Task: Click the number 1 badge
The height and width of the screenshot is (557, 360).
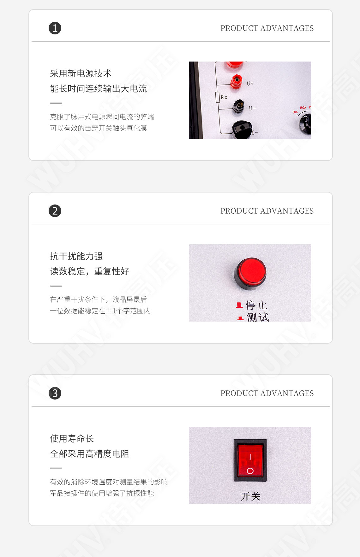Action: point(55,28)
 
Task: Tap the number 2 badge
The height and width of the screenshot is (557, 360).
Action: point(55,211)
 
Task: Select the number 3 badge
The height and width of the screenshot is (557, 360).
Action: point(55,393)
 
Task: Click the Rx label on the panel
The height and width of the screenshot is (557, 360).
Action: point(224,97)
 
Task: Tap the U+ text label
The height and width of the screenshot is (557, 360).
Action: point(250,84)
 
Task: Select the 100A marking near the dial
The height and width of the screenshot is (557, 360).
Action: point(303,108)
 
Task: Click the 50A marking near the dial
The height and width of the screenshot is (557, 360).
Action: point(295,112)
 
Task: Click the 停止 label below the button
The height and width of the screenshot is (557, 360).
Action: point(256,305)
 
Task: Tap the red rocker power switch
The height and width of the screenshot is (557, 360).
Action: point(250,460)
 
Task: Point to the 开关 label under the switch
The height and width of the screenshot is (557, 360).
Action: point(250,496)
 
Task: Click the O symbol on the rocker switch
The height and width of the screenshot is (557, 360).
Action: point(250,471)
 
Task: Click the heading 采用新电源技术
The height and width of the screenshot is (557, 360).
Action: point(81,74)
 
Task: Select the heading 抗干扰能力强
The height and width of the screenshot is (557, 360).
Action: point(76,256)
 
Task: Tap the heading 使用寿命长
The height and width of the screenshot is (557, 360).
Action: point(72,439)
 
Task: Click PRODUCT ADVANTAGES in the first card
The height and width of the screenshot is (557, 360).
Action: point(267,28)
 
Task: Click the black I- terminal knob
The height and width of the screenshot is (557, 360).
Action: point(242,129)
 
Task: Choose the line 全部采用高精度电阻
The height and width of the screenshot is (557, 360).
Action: point(90,454)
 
